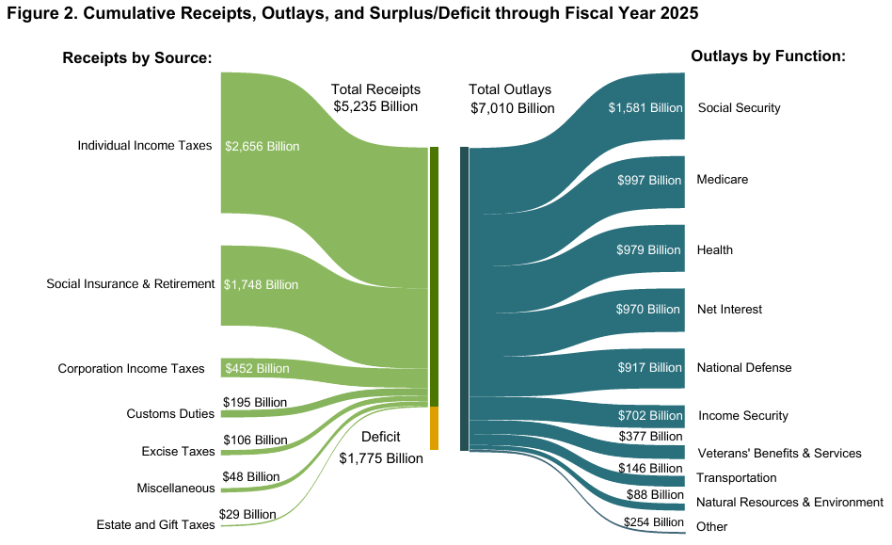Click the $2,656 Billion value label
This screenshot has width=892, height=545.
coord(262,146)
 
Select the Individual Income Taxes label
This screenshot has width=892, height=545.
coord(145,146)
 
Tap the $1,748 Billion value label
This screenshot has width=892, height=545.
coord(261,284)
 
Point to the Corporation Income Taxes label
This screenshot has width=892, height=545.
coord(131,368)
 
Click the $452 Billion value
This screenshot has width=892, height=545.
coord(256,368)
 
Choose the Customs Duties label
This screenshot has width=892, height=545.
coord(170,414)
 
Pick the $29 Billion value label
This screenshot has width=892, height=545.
coord(247,514)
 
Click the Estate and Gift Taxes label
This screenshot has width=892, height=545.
coord(156,524)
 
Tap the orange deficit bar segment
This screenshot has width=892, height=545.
coord(434,428)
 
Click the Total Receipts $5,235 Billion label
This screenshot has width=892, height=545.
coord(375,98)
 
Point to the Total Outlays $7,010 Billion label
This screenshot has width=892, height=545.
coord(512,99)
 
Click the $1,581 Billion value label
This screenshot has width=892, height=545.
coord(645,107)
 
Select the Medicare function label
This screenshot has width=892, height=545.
coord(722,179)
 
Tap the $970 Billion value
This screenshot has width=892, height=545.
coord(647,309)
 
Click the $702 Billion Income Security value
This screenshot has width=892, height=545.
coord(649,415)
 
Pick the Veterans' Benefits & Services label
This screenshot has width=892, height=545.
coord(778,453)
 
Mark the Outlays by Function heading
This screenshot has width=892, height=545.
coord(769,56)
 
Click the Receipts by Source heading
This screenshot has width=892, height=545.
coord(137,58)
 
